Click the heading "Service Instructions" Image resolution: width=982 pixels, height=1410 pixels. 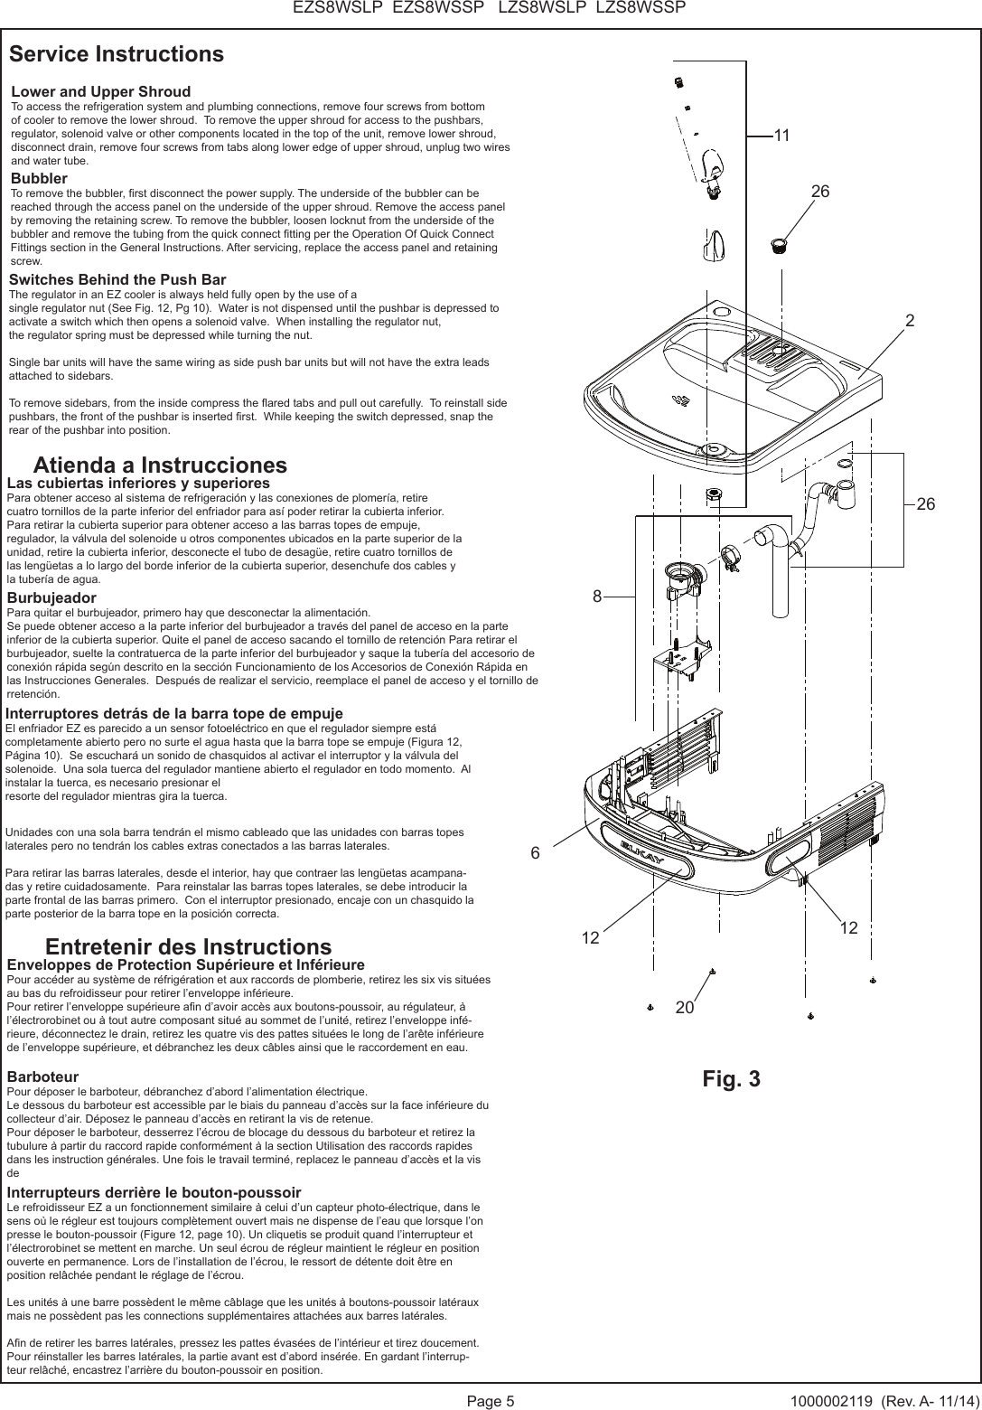[117, 54]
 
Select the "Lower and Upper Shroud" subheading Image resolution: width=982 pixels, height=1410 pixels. [100, 92]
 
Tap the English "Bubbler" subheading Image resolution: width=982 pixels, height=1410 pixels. [39, 179]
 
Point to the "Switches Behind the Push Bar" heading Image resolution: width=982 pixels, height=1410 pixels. [117, 280]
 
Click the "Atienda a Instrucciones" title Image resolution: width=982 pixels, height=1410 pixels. [160, 465]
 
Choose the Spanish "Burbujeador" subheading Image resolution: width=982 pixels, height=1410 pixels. [51, 597]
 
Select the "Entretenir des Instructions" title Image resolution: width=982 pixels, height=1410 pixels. [188, 947]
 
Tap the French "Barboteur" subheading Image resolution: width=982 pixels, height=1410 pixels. [42, 1077]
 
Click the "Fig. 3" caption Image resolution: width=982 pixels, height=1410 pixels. [731, 1079]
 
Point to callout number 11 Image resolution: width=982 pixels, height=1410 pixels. [781, 136]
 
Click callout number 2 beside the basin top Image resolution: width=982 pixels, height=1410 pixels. [910, 321]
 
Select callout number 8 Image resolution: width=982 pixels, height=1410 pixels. [597, 597]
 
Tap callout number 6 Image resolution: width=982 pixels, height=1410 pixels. [535, 853]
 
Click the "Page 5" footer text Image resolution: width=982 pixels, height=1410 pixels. [491, 1401]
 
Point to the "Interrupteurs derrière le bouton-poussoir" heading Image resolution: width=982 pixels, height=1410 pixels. [154, 1193]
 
